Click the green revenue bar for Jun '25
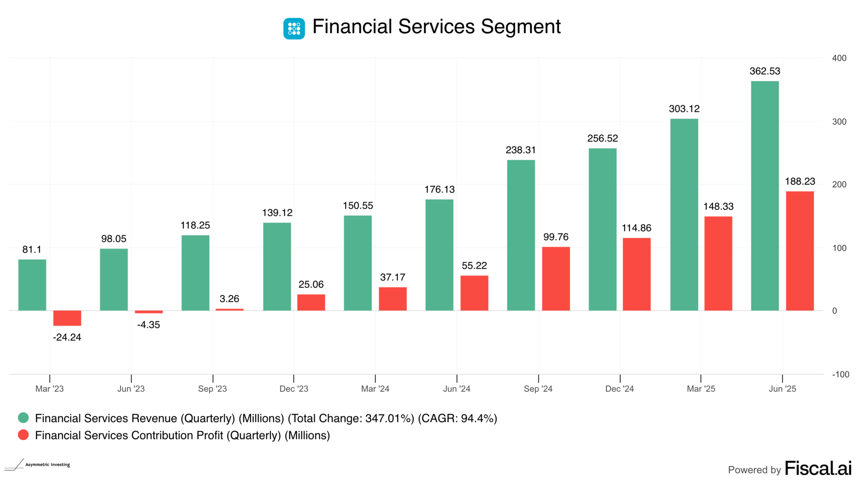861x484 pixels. click(x=765, y=196)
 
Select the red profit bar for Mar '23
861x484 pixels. click(x=67, y=318)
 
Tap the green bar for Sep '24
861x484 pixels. click(x=521, y=235)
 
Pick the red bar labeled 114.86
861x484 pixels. click(x=636, y=274)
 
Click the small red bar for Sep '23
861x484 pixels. click(x=229, y=309)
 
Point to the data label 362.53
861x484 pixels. click(x=765, y=71)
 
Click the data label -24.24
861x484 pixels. click(x=67, y=337)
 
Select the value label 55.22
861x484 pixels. click(x=474, y=266)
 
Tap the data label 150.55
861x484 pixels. click(x=358, y=206)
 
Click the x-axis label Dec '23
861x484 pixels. click(x=294, y=389)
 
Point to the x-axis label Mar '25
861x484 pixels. click(x=701, y=389)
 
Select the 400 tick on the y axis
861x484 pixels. click(x=839, y=58)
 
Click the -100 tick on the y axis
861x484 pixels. click(x=840, y=375)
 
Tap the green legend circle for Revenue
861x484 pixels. click(x=23, y=418)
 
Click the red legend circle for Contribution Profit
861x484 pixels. click(x=23, y=435)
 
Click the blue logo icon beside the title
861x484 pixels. click(x=294, y=29)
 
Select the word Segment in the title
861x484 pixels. click(x=521, y=27)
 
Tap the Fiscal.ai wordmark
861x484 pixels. click(x=818, y=468)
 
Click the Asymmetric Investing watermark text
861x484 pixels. click(x=48, y=465)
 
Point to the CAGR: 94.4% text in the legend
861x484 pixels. click(x=457, y=419)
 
